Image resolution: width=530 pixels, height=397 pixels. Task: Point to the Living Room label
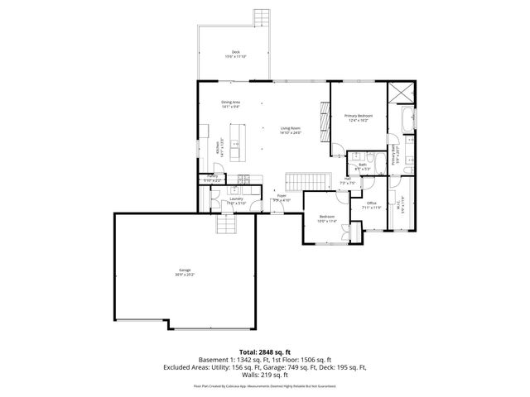click(x=290, y=130)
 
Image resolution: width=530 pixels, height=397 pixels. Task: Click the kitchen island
click(x=238, y=142)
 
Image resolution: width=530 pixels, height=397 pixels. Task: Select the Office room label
click(x=373, y=205)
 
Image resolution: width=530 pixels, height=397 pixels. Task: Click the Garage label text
click(x=184, y=272)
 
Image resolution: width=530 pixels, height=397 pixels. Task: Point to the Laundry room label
click(x=224, y=200)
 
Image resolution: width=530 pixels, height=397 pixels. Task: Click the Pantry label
click(x=211, y=179)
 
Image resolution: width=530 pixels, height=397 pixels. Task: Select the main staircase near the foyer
click(x=302, y=180)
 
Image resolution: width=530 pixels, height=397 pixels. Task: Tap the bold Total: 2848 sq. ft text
click(x=264, y=352)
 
